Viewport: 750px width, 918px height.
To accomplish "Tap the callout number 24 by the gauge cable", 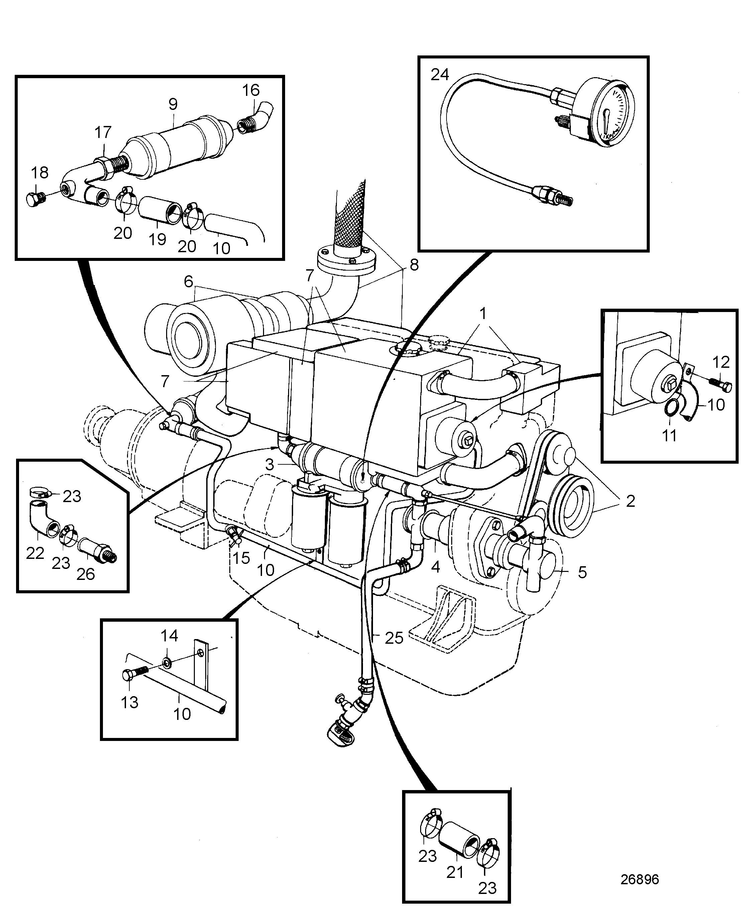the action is click(440, 75).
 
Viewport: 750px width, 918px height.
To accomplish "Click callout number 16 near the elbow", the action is click(251, 90).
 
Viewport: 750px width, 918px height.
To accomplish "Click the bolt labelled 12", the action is click(720, 384).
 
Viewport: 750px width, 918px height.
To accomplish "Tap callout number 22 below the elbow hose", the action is click(35, 553).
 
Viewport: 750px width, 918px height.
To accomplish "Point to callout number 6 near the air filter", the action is click(189, 282).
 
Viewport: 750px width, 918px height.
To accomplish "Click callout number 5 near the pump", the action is click(582, 572).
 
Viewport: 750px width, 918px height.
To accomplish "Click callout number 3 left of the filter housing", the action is click(270, 465).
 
